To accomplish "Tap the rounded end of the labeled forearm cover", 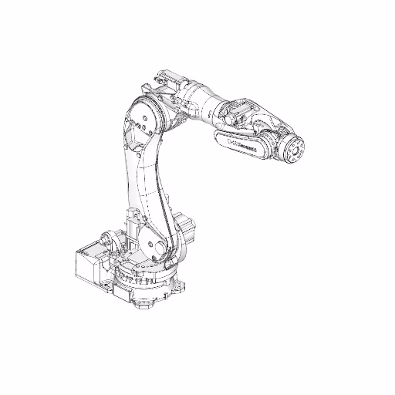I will pos(266,151).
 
